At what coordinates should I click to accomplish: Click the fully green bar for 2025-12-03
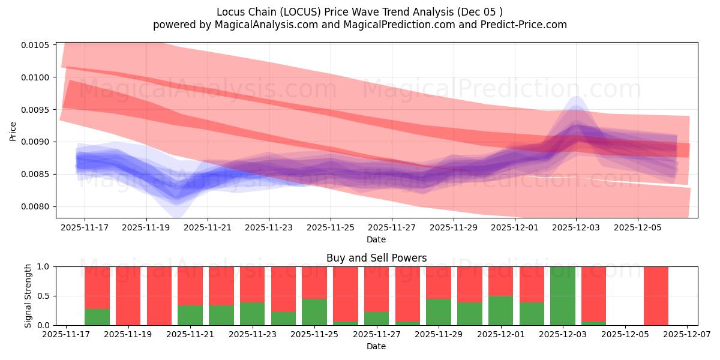coord(563,296)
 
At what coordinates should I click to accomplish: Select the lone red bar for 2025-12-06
coord(656,296)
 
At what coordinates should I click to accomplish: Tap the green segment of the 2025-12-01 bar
coord(500,310)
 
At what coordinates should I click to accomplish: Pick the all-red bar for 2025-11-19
coord(128,296)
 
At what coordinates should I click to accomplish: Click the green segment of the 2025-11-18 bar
coord(97,317)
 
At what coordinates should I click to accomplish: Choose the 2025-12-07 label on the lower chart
coord(687,335)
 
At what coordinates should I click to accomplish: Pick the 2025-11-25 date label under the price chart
coord(330,228)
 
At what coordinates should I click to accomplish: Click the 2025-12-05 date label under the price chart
coord(637,228)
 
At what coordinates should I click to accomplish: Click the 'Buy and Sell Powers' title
coord(376,258)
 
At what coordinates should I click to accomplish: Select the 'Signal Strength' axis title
coord(28,296)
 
